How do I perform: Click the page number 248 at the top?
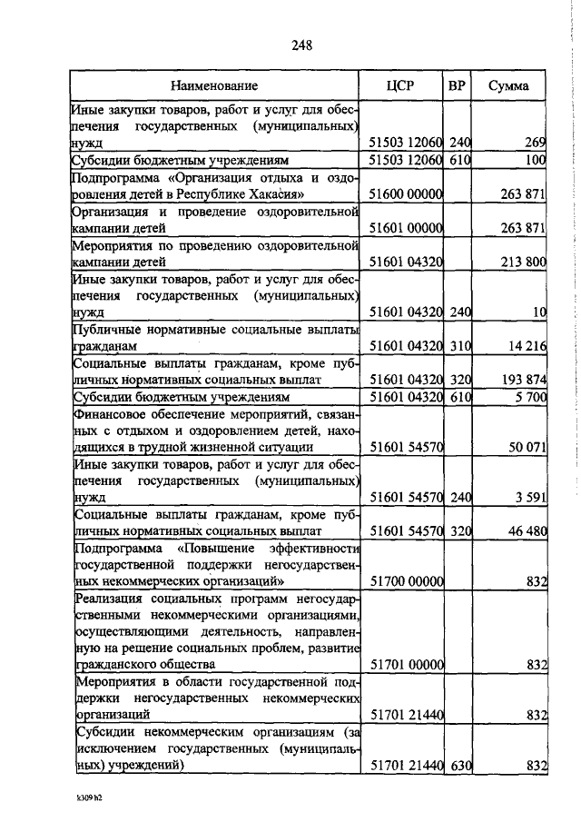(x=301, y=47)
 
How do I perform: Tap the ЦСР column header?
(x=399, y=86)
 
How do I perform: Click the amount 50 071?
(x=526, y=448)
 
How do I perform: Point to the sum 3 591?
(x=529, y=498)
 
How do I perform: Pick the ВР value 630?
(x=460, y=767)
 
